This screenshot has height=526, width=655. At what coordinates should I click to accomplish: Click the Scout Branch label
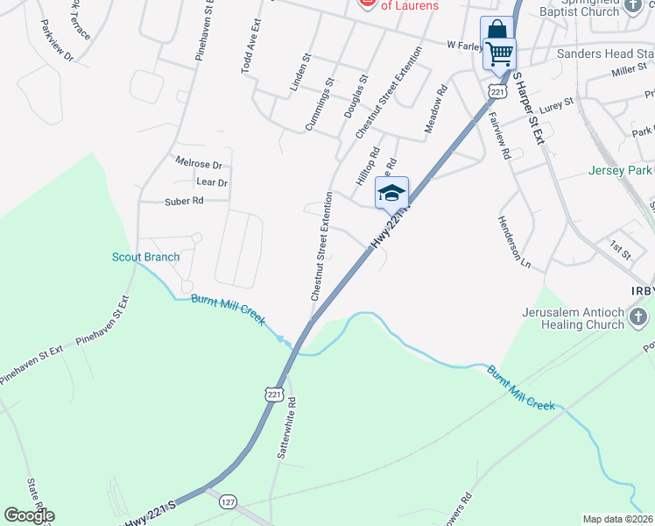[x=145, y=257]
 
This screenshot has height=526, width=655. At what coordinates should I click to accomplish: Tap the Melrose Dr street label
[x=199, y=164]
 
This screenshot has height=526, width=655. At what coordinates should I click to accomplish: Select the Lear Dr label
[x=212, y=182]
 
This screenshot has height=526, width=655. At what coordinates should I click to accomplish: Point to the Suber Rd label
[x=184, y=201]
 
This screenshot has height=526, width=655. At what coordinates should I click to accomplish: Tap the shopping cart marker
[x=499, y=53]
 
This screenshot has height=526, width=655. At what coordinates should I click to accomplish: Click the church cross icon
[x=639, y=317]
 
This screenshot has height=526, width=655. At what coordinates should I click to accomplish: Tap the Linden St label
[x=300, y=73]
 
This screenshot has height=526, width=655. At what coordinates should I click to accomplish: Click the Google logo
[x=29, y=515]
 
